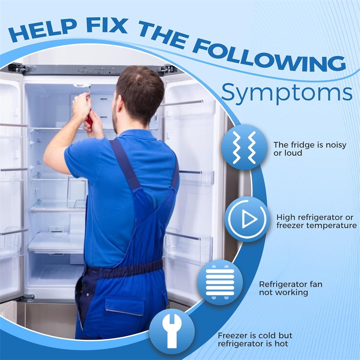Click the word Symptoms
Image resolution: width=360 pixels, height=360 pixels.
(287, 93)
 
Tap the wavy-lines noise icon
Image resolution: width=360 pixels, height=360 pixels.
(244, 147)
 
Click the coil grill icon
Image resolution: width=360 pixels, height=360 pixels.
(220, 282)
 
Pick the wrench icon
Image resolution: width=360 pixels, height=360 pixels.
(172, 331)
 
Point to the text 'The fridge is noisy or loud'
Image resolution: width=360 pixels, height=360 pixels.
(310, 149)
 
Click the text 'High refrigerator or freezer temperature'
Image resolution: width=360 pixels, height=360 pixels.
(316, 221)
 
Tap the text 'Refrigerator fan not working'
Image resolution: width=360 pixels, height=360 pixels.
(291, 288)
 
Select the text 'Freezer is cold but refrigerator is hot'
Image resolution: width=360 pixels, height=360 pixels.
(255, 339)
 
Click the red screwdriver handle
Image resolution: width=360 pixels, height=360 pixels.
(89, 118)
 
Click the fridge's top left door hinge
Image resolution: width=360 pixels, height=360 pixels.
(19, 68)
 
